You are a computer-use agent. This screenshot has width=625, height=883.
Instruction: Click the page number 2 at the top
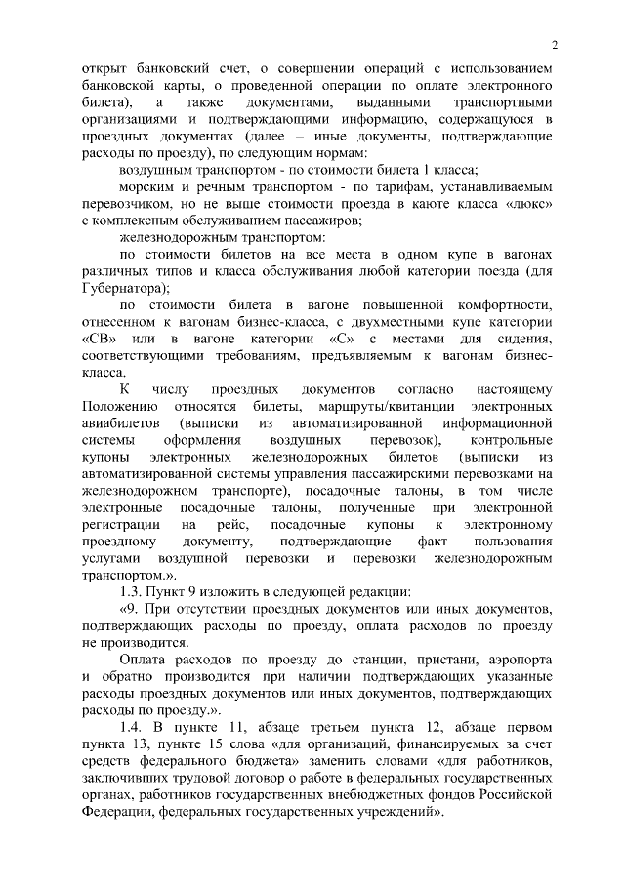coord(553,45)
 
